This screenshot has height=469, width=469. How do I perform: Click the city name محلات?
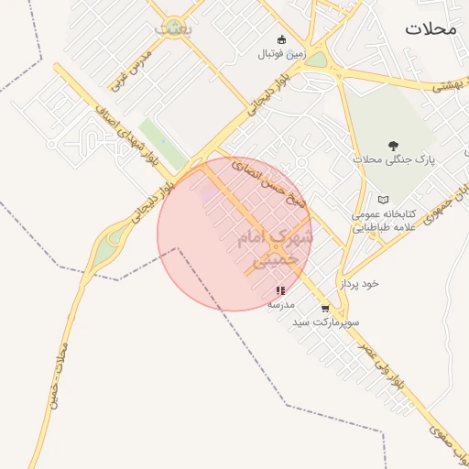[430, 28]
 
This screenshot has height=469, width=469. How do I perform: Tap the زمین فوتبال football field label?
[280, 54]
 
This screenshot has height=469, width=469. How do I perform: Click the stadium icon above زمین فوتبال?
[281, 39]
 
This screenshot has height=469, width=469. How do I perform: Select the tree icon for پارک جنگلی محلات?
[394, 146]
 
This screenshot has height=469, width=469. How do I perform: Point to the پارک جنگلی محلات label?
[394, 160]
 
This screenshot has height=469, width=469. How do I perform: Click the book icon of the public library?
[383, 200]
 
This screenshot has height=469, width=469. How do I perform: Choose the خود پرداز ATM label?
[359, 284]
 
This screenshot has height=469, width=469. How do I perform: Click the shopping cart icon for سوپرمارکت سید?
[324, 309]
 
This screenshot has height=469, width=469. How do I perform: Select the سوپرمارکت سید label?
[325, 323]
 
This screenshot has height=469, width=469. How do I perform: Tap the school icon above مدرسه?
[280, 290]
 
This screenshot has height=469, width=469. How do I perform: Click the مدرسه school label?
[280, 303]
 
